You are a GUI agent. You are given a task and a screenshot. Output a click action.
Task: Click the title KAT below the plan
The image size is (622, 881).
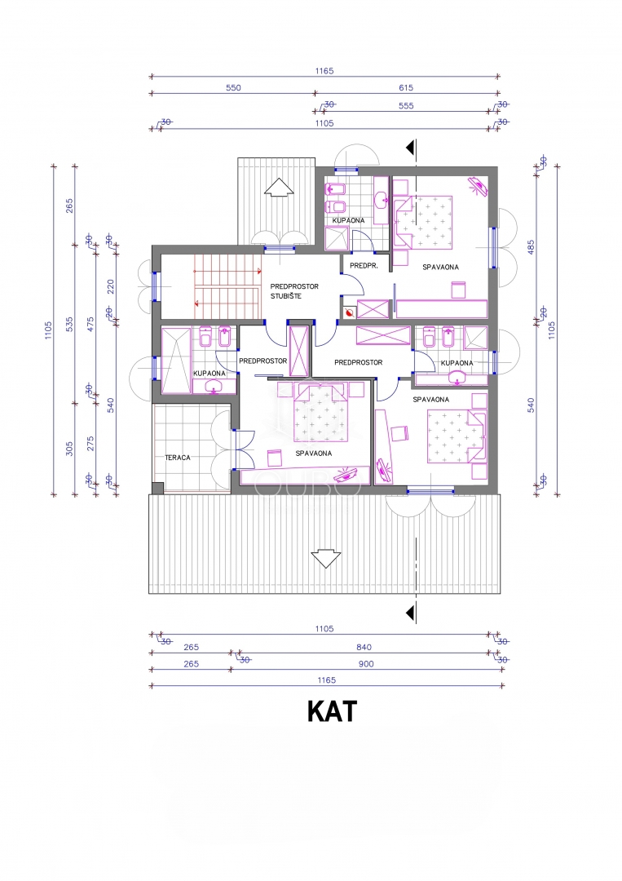tap(332, 711)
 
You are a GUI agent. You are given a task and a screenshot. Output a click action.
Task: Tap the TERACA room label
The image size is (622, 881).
tap(178, 458)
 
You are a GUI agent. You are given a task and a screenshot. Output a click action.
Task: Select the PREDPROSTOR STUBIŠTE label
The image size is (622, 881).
tap(294, 291)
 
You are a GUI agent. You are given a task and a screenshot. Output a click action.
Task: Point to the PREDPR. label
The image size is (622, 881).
tap(364, 265)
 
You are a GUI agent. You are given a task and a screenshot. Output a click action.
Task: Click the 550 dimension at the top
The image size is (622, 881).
tap(233, 87)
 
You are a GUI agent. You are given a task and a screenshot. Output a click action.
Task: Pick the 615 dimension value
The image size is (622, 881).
tap(406, 87)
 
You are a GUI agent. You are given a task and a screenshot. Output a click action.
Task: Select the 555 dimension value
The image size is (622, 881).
tap(406, 105)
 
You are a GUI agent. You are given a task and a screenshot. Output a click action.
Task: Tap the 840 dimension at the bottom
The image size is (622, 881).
tap(364, 647)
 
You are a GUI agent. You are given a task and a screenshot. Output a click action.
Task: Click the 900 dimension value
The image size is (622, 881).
tap(366, 664)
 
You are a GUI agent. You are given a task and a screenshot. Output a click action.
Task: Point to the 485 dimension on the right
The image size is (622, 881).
tap(531, 247)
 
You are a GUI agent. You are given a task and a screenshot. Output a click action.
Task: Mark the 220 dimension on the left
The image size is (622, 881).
tap(111, 286)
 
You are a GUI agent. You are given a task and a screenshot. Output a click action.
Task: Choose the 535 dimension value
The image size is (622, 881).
tap(69, 324)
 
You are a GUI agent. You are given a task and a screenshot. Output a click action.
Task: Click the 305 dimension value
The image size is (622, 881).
tap(69, 449)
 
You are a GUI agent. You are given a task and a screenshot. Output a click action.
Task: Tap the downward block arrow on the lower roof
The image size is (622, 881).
tap(325, 558)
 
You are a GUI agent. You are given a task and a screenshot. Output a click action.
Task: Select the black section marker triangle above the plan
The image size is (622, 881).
tap(412, 147)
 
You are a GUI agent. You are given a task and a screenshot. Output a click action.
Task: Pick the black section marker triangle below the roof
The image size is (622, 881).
tap(412, 613)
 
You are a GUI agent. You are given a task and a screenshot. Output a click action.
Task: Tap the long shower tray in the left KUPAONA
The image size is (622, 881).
tap(176, 361)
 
